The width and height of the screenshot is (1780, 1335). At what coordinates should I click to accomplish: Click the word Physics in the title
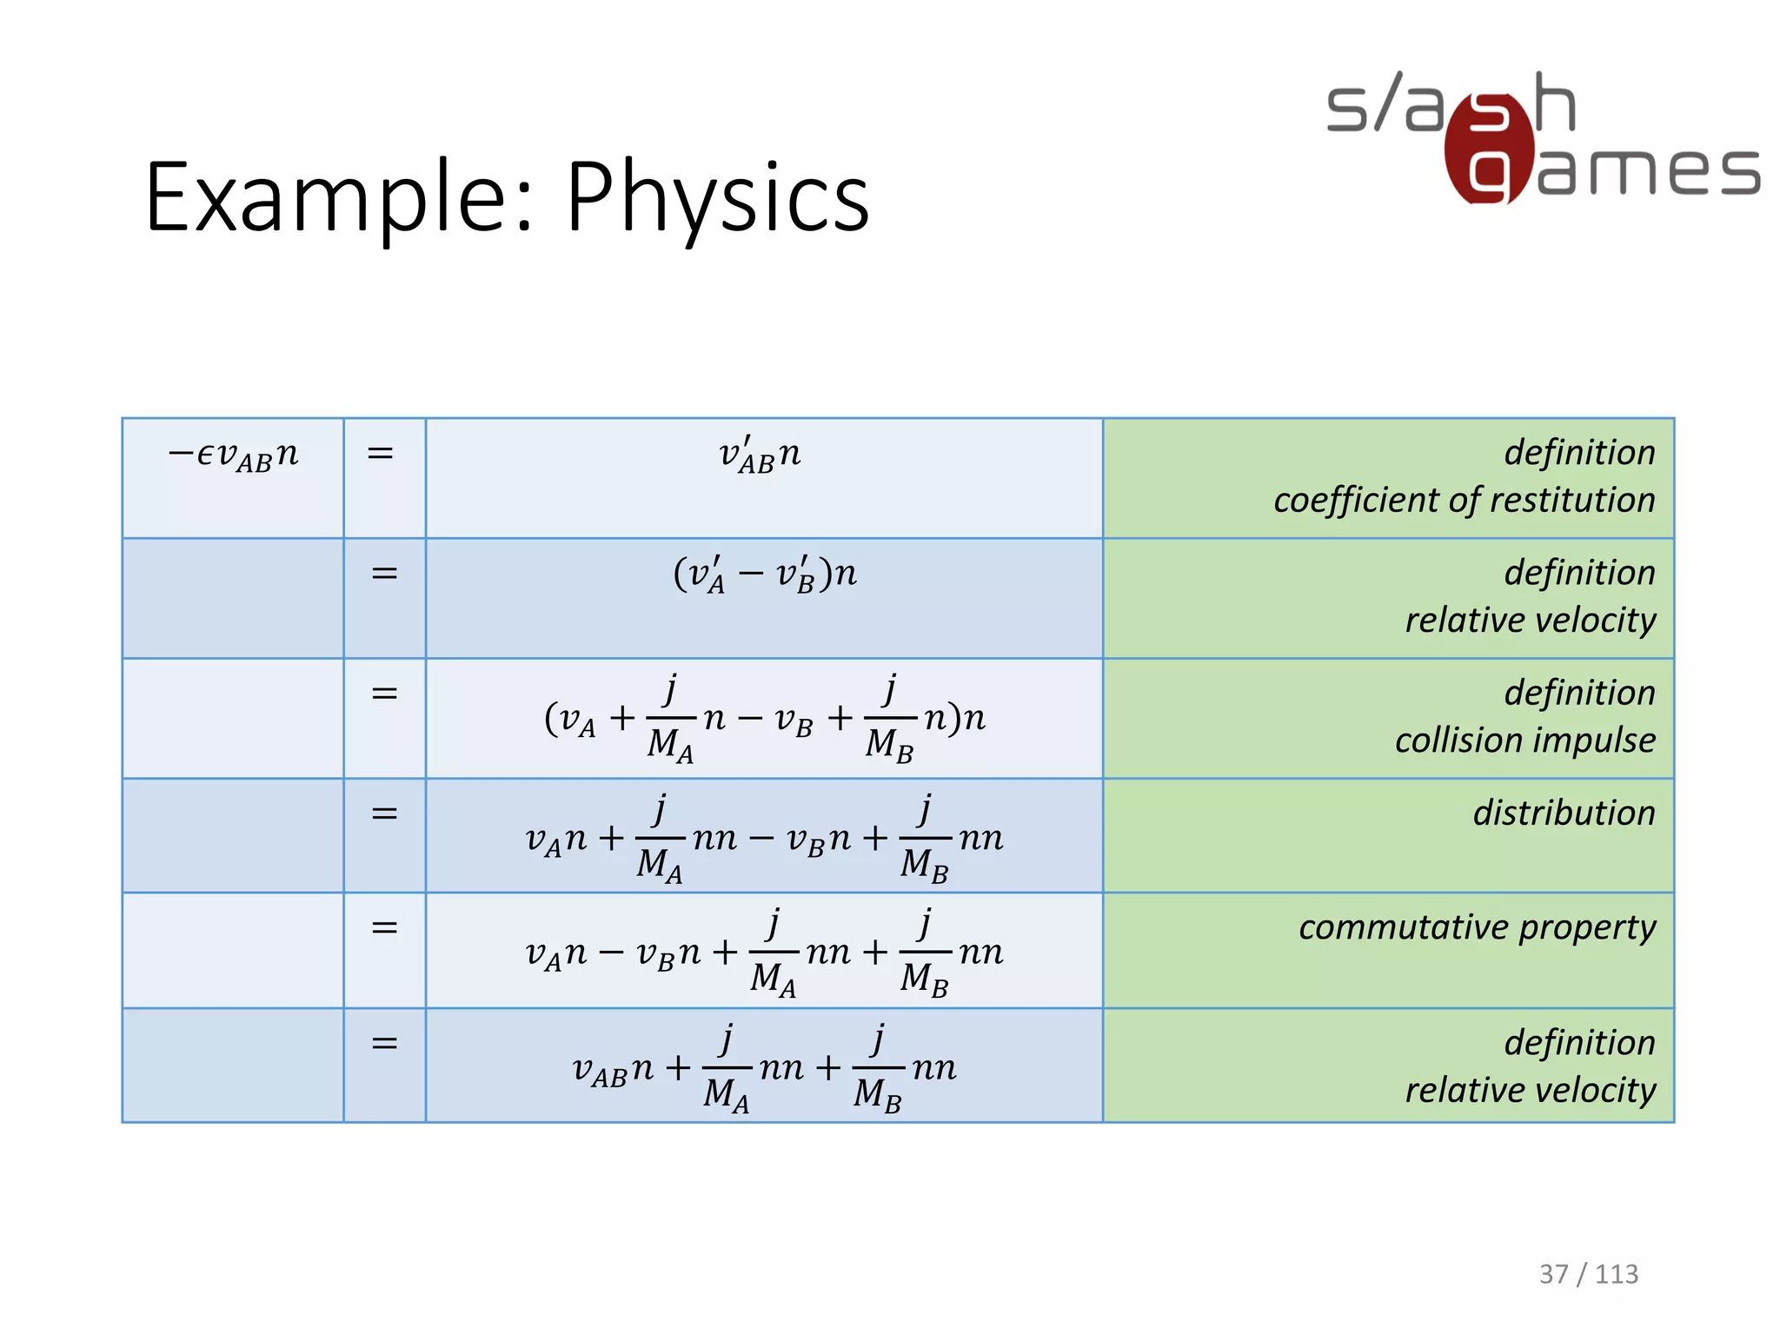click(x=718, y=198)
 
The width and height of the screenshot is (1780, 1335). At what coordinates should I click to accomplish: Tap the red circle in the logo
click(x=1488, y=149)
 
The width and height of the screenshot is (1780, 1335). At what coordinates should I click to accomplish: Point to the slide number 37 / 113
click(x=1588, y=1274)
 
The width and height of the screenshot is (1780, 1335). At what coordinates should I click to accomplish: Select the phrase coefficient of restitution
click(x=1464, y=501)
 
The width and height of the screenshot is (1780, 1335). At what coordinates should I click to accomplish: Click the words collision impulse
click(x=1524, y=741)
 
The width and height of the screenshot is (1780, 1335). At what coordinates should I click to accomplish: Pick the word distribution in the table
click(x=1564, y=814)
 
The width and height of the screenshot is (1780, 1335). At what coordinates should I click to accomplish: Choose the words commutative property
click(x=1477, y=928)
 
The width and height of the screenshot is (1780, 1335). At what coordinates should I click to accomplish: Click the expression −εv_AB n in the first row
click(x=233, y=455)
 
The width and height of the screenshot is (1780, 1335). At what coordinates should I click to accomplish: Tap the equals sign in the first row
click(x=381, y=453)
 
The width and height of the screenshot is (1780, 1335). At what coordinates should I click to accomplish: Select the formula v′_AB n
click(x=760, y=455)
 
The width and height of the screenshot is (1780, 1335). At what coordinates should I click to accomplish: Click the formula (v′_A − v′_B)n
click(x=765, y=575)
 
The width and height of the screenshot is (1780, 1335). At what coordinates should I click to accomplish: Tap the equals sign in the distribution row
click(x=384, y=814)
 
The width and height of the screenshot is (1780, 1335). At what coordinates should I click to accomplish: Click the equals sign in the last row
click(x=384, y=1043)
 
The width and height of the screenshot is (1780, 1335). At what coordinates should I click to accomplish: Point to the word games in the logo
click(x=1648, y=170)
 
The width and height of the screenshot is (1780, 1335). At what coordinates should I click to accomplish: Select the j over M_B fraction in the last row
click(x=878, y=1069)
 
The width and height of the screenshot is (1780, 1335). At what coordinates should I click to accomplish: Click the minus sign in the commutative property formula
click(x=612, y=953)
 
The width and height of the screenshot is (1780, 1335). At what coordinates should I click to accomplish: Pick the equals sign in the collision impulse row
click(x=384, y=694)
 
